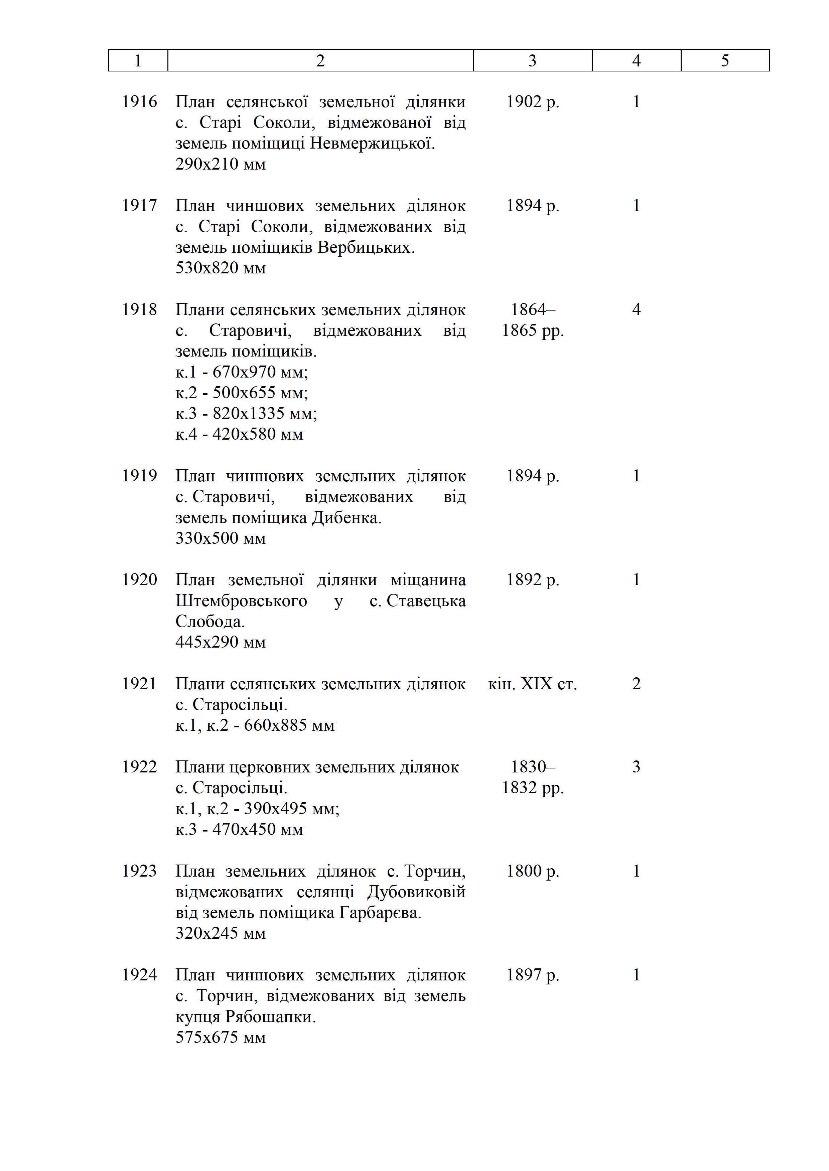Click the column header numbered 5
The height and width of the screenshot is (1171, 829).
tap(725, 61)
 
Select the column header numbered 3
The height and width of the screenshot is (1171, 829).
tap(532, 61)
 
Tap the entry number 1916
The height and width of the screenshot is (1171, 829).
tap(139, 102)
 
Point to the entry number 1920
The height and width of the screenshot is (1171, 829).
tap(139, 580)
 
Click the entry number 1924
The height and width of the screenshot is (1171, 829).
tap(139, 975)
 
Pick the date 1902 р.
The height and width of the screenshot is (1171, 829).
tap(532, 102)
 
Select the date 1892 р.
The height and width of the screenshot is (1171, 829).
tap(532, 580)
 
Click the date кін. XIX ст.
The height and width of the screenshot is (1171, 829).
tap(532, 684)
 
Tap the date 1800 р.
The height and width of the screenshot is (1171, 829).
tap(532, 871)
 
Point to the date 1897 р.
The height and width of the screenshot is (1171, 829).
tap(532, 975)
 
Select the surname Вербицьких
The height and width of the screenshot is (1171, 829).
tap(366, 247)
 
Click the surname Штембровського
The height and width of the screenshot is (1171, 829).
tap(242, 601)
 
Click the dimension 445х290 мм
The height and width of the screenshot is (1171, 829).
tap(221, 642)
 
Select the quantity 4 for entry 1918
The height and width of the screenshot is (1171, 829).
tap(636, 309)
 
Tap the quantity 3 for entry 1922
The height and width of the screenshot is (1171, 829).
tap(636, 767)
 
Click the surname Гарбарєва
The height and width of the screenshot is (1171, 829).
tap(380, 913)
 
